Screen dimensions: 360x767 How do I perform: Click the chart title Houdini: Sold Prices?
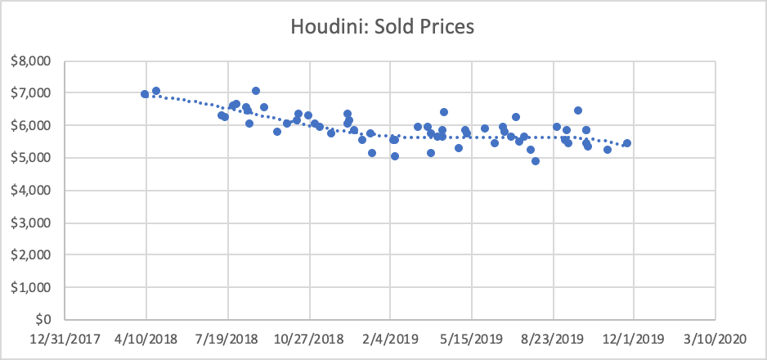[383, 27]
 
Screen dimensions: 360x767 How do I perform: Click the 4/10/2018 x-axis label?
[146, 339]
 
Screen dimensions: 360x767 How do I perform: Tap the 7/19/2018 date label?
[227, 339]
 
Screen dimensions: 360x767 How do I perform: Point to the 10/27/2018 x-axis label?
[308, 339]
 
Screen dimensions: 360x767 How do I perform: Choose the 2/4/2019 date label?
[390, 339]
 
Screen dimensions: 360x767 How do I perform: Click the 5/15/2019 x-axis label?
[472, 339]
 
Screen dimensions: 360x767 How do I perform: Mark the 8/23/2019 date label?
[554, 339]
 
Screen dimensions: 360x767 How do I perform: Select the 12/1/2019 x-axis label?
[635, 339]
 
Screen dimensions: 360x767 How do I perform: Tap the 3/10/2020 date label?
[716, 339]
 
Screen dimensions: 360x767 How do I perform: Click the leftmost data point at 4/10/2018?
[145, 94]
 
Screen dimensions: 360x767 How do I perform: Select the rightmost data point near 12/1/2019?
[627, 143]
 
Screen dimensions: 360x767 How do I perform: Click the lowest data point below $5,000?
[536, 161]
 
